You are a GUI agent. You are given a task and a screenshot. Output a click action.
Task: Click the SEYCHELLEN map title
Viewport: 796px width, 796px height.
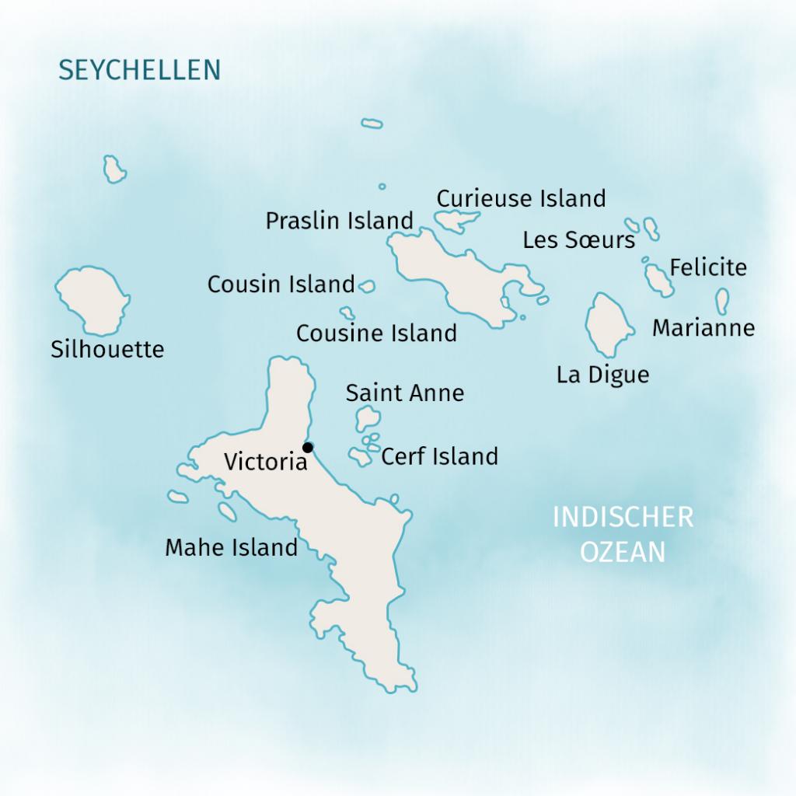pos(140,70)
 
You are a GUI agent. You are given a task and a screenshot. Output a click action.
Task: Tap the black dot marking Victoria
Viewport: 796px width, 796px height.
pos(308,447)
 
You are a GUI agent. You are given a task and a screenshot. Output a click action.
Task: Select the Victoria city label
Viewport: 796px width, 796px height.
pos(266,462)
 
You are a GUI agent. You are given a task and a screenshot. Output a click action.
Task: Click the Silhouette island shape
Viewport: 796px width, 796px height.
pos(92,299)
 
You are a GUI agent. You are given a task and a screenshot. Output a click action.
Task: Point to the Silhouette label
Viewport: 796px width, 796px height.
pos(107,350)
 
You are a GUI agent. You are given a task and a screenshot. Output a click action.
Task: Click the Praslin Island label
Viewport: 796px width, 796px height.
pos(339,221)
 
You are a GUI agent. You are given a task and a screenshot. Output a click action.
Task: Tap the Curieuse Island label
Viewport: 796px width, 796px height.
pos(521,199)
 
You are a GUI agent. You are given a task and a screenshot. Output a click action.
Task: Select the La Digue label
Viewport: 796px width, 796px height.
pos(602,375)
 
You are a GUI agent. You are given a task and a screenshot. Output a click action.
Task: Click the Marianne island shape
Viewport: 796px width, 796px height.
pos(723,301)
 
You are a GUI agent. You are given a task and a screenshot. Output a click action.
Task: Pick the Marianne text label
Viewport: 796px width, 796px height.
pos(703,328)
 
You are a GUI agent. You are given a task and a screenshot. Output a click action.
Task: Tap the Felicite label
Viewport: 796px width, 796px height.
pos(708,268)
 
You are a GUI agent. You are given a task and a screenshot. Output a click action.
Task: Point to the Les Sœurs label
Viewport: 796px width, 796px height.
pos(578,240)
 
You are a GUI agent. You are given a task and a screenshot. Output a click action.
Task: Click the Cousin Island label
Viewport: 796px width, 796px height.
pos(281,285)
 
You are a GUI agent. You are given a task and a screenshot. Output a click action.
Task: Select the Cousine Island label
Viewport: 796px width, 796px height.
pos(376,333)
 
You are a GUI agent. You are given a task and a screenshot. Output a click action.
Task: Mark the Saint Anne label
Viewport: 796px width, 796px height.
pos(404,393)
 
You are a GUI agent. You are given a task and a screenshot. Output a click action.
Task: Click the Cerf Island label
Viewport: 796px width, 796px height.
pos(439,456)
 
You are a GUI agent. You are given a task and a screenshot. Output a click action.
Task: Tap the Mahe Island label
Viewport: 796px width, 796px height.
pos(231,548)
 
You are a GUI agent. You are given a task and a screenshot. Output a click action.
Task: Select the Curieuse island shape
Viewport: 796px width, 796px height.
pos(454,221)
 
